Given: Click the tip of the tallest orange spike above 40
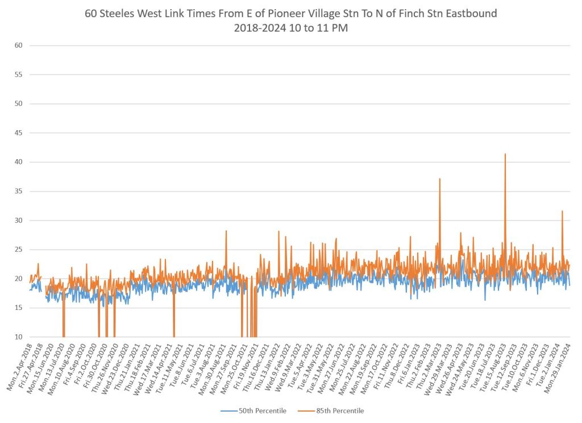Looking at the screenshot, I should (505, 154).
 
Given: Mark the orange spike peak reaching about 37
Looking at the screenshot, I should (439, 179).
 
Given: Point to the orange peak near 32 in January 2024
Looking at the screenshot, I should (562, 212).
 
